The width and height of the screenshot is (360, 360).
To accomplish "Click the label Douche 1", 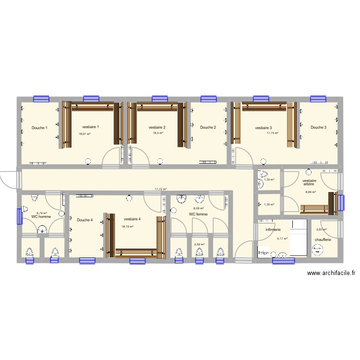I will (x=39, y=128).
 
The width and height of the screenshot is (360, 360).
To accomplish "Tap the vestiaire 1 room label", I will (x=90, y=127).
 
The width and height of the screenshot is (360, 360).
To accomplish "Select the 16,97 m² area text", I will (x=85, y=134).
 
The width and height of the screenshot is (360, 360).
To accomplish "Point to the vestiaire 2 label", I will (x=157, y=127).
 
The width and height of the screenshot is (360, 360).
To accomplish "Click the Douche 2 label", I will (x=208, y=127).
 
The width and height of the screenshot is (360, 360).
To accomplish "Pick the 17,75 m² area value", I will (x=273, y=133).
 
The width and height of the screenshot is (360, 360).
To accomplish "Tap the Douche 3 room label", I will (x=318, y=127).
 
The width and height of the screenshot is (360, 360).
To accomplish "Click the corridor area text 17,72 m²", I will (x=160, y=189).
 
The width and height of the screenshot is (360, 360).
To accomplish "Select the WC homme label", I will (x=41, y=216).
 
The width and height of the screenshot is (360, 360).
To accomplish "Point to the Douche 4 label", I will (x=84, y=220).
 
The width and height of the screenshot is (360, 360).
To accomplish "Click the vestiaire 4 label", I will (x=132, y=220).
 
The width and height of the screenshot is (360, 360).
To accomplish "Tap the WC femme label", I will (x=198, y=214).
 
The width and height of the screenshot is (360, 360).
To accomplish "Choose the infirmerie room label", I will (x=273, y=230).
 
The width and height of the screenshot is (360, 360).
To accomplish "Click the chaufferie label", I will (x=323, y=239).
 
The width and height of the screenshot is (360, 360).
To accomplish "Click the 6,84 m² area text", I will (x=311, y=192).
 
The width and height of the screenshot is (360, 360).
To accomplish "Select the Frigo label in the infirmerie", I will (x=263, y=252).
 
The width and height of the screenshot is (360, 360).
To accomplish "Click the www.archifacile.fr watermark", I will (x=331, y=273).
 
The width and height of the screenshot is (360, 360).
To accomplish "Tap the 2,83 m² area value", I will (x=321, y=229).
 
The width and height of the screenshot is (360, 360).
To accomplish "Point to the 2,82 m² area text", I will (x=199, y=244).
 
